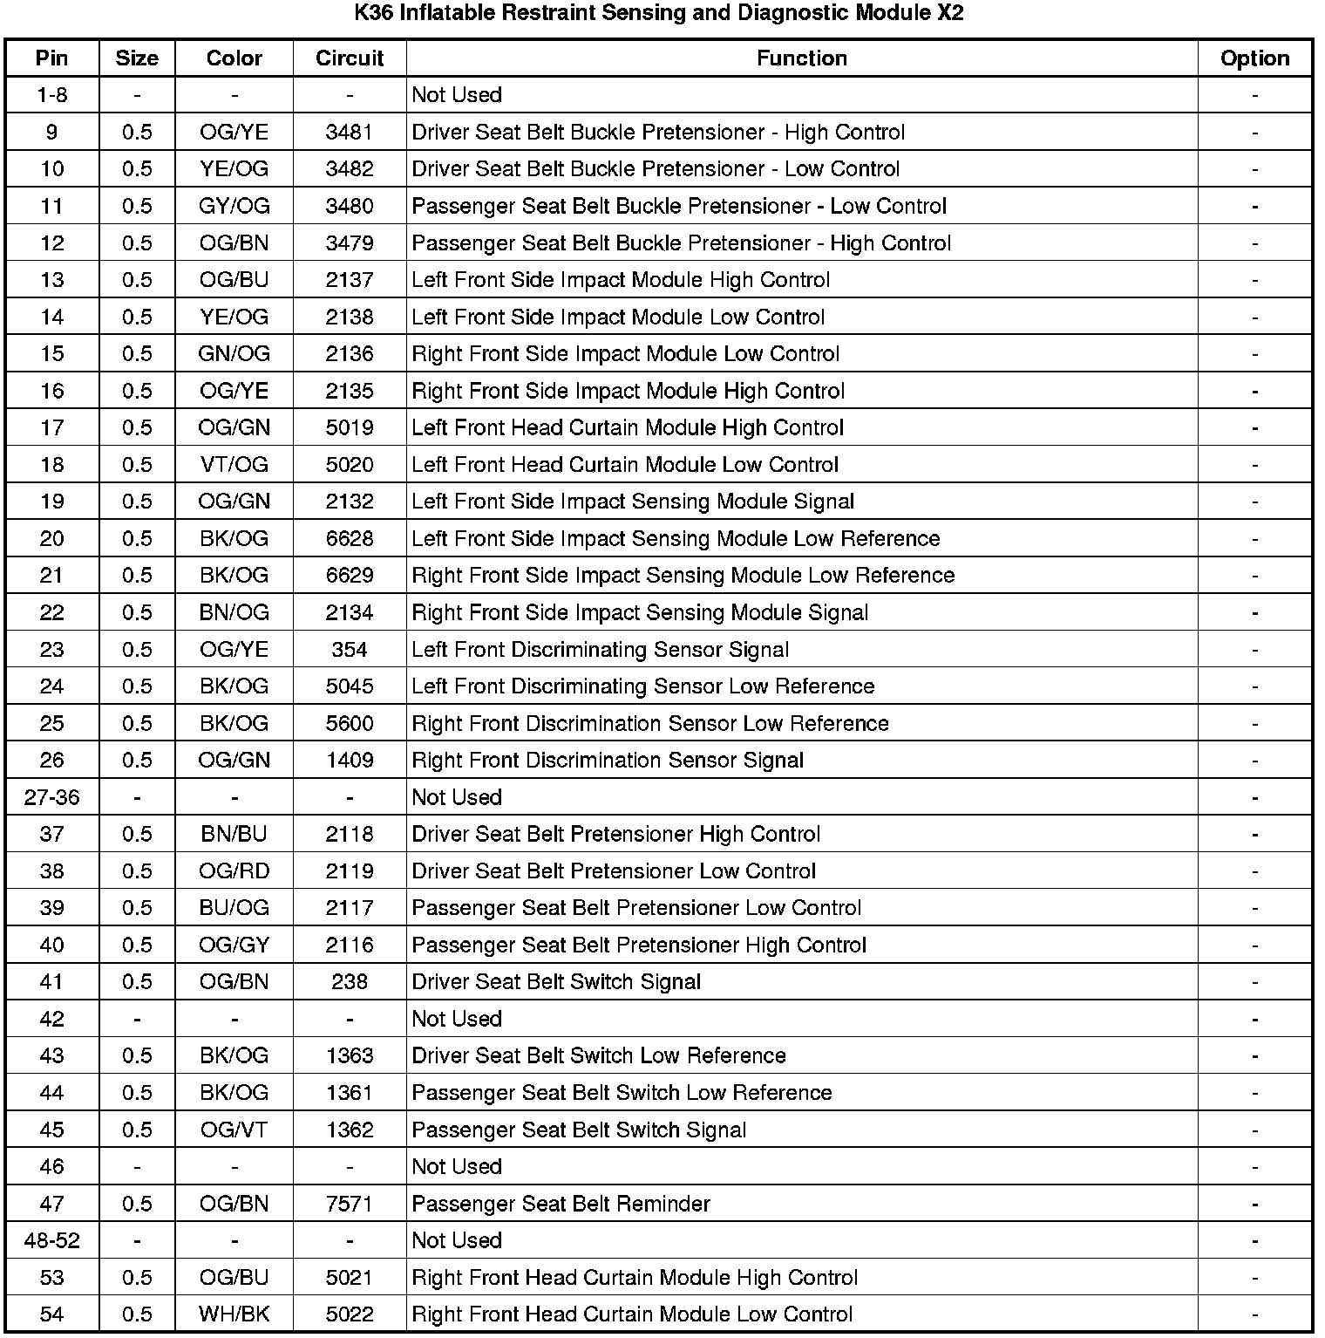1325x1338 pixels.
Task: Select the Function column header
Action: pyautogui.click(x=801, y=58)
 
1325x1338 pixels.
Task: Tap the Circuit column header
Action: pyautogui.click(x=350, y=58)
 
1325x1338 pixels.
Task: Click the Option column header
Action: pyautogui.click(x=1254, y=58)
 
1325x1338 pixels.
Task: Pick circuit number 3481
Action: pyautogui.click(x=350, y=133)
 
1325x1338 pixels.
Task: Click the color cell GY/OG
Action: pyautogui.click(x=234, y=207)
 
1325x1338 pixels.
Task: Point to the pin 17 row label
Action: pyautogui.click(x=52, y=428)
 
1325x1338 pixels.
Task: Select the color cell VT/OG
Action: pyautogui.click(x=234, y=465)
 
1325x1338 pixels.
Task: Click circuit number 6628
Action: pyautogui.click(x=350, y=539)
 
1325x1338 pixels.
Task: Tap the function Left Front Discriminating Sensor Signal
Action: pyautogui.click(x=600, y=650)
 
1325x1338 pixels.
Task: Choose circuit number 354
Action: pyautogui.click(x=350, y=650)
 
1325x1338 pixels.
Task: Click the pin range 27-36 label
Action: pyautogui.click(x=52, y=797)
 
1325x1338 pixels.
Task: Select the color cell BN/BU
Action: pyautogui.click(x=234, y=835)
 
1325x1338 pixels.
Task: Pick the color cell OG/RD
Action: pyautogui.click(x=234, y=871)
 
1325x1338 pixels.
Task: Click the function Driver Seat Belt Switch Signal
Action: pyautogui.click(x=556, y=982)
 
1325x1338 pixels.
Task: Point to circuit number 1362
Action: pyautogui.click(x=350, y=1130)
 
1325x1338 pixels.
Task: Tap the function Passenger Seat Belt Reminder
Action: pyautogui.click(x=561, y=1205)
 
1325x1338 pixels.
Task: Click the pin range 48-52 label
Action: pyautogui.click(x=52, y=1241)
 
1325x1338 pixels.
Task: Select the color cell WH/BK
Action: pyautogui.click(x=234, y=1314)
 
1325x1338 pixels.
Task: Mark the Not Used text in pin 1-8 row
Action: pyautogui.click(x=457, y=95)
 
